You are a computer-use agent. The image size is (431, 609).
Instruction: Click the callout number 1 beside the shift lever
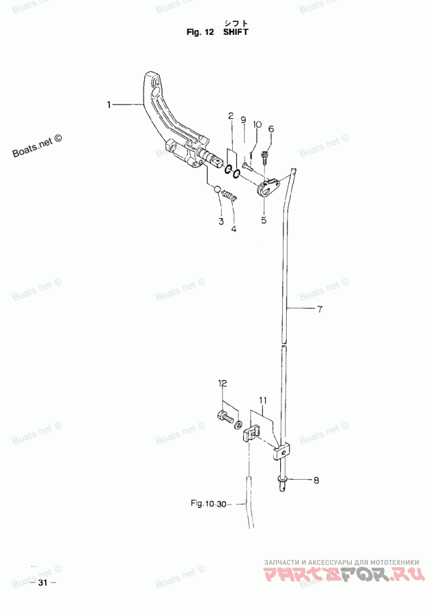tap(109, 105)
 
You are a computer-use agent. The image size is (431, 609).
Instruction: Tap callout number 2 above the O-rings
tap(231, 115)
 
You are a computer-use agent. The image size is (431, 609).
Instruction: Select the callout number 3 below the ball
tap(221, 222)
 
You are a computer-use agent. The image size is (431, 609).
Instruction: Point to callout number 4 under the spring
tap(234, 229)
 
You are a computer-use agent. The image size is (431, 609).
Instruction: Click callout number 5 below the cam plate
tap(263, 220)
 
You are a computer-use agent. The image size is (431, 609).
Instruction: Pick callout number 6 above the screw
tap(271, 129)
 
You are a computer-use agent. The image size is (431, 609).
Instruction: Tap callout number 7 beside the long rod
tap(319, 309)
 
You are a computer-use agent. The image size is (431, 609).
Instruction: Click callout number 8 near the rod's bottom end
tap(316, 480)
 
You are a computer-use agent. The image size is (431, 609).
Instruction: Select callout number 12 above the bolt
tap(223, 384)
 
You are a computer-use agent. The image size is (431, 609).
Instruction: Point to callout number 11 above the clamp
tap(263, 400)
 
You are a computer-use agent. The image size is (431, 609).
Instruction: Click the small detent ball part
tap(218, 189)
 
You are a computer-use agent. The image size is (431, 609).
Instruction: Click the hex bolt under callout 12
tap(225, 417)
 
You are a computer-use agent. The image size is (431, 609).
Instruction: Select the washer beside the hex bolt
tap(238, 424)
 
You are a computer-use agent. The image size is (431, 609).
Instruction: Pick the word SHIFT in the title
tap(235, 32)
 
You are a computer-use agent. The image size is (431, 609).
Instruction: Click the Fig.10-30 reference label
tap(208, 504)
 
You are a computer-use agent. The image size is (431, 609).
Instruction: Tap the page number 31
tap(43, 583)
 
